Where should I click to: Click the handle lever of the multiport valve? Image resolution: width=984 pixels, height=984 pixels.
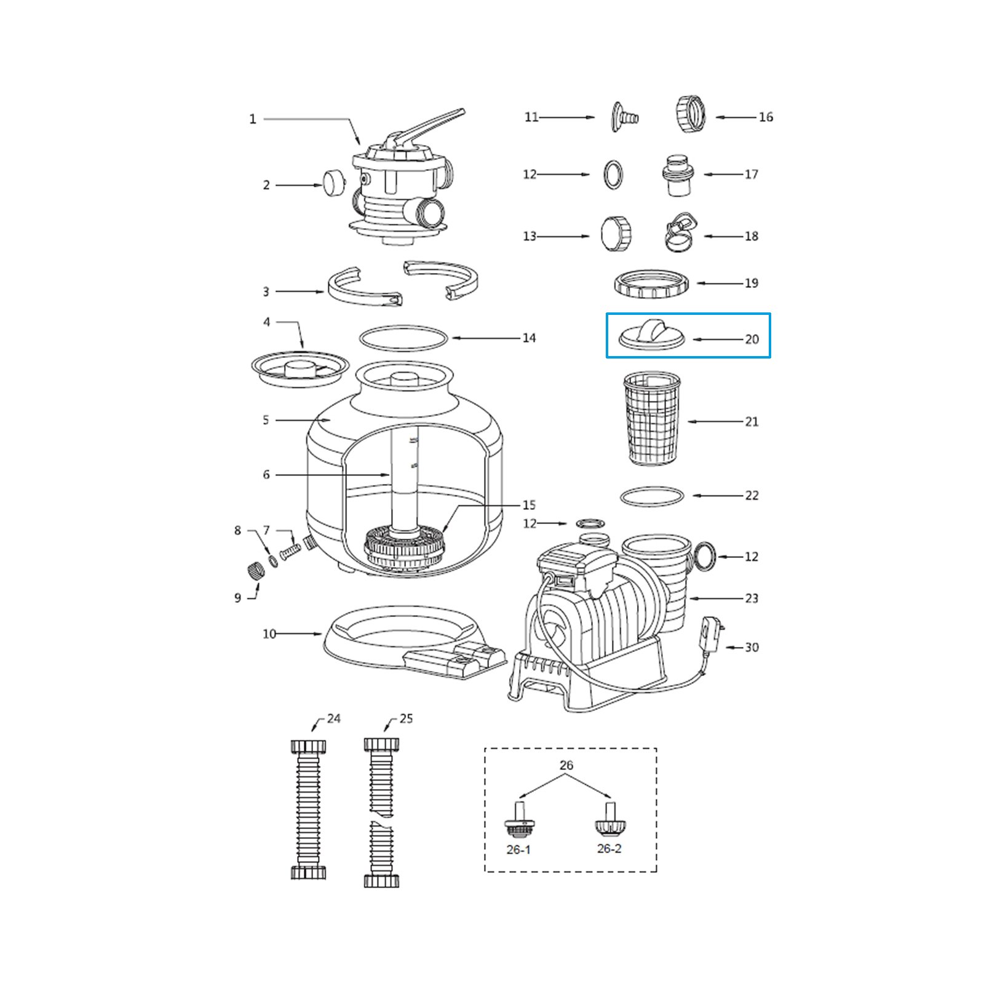pyautogui.click(x=430, y=125)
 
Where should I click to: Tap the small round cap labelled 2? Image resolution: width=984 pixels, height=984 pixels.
pyautogui.click(x=334, y=183)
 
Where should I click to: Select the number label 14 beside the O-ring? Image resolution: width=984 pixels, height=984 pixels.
pyautogui.click(x=529, y=338)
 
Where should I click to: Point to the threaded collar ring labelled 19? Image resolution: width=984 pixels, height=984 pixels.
pyautogui.click(x=651, y=284)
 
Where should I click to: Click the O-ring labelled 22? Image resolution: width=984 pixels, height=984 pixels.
pyautogui.click(x=652, y=496)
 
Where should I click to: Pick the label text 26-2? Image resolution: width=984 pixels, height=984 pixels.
pyautogui.click(x=609, y=849)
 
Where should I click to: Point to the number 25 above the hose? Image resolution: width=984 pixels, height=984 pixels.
pyautogui.click(x=406, y=718)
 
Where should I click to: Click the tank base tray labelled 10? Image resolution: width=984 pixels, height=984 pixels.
pyautogui.click(x=400, y=640)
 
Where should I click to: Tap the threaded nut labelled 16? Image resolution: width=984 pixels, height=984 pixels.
pyautogui.click(x=690, y=115)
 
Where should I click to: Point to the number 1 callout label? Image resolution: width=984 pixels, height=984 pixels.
pyautogui.click(x=252, y=119)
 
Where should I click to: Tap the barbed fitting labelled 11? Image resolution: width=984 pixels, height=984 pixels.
pyautogui.click(x=624, y=117)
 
